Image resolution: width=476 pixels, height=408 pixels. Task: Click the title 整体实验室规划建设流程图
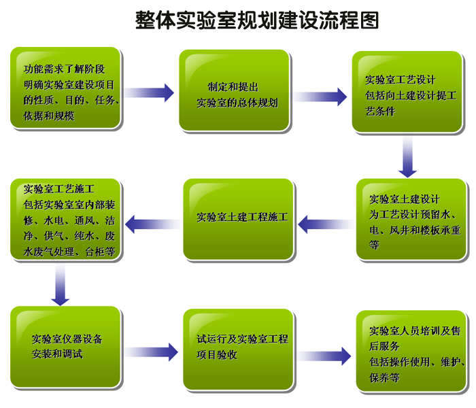257,20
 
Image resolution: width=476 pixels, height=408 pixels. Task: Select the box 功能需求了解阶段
65,88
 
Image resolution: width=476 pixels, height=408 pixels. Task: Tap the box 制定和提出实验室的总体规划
234,90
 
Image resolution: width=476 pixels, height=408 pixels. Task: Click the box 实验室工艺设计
407,92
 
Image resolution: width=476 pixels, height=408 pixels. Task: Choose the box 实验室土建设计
411,219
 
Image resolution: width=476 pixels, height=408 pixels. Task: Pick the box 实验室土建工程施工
238,219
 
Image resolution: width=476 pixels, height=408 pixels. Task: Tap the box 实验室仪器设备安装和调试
65,347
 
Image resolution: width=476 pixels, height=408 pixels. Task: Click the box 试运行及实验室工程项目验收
238,350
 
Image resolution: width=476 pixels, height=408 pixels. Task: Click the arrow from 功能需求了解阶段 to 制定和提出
149,92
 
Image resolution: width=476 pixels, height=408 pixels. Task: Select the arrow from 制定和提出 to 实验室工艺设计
320,97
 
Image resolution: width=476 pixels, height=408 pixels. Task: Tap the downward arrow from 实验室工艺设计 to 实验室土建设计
407,157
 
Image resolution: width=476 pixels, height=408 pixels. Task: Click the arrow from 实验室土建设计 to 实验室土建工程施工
326,224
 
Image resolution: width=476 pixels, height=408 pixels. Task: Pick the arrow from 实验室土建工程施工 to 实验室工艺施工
153,224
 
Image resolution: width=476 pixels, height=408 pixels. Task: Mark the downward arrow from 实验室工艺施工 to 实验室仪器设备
60,285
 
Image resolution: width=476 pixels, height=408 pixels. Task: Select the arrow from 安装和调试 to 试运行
151,352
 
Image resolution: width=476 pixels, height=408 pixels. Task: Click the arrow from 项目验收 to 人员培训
324,356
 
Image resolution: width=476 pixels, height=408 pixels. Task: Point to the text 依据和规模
49,116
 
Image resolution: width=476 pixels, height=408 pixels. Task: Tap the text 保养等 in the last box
384,377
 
